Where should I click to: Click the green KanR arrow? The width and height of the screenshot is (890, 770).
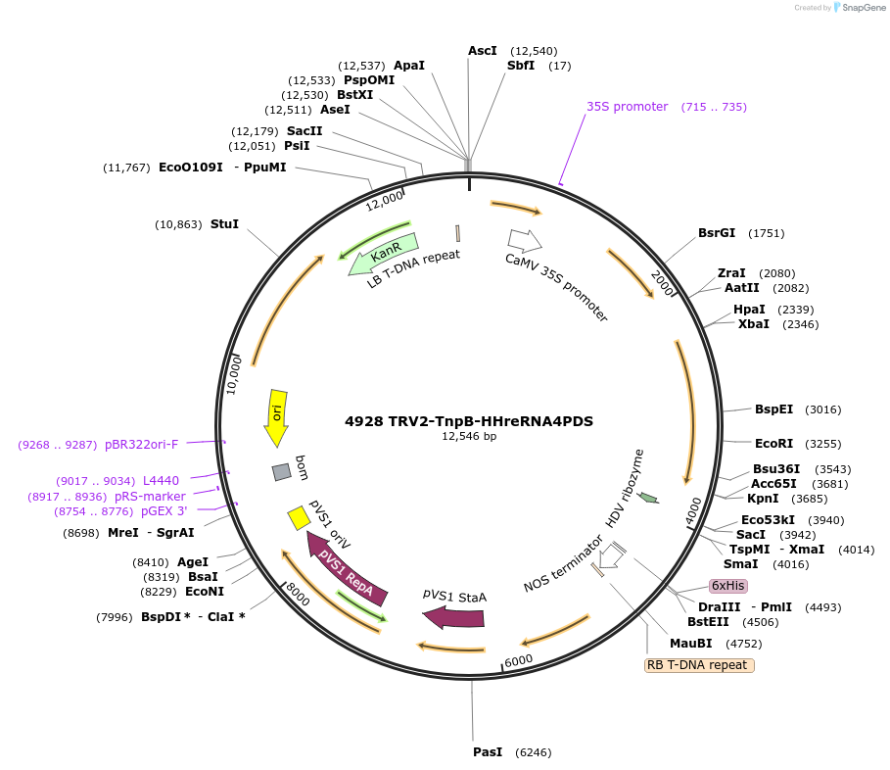click(x=383, y=255)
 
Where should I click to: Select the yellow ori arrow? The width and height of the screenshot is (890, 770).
click(x=277, y=415)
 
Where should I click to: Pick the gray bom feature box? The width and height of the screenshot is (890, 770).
click(x=282, y=471)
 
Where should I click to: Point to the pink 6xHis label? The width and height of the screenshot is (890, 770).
click(x=728, y=585)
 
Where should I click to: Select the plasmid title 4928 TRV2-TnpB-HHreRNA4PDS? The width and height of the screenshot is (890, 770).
click(x=469, y=421)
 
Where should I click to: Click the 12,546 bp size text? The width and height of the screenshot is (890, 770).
click(x=469, y=437)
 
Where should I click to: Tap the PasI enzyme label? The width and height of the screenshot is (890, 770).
click(x=488, y=751)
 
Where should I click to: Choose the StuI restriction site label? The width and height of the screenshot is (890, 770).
click(x=224, y=224)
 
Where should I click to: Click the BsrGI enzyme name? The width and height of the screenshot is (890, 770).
click(x=717, y=233)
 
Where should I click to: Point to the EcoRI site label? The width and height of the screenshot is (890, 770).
click(x=773, y=443)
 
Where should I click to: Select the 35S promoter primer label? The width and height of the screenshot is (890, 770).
click(x=627, y=107)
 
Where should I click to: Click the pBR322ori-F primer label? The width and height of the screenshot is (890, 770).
click(x=141, y=444)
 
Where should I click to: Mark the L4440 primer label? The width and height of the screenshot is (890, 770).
click(x=161, y=480)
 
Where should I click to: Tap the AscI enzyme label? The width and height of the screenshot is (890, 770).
click(x=483, y=50)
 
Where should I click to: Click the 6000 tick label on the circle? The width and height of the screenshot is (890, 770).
click(x=519, y=660)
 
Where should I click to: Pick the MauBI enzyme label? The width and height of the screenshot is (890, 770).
click(x=690, y=644)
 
